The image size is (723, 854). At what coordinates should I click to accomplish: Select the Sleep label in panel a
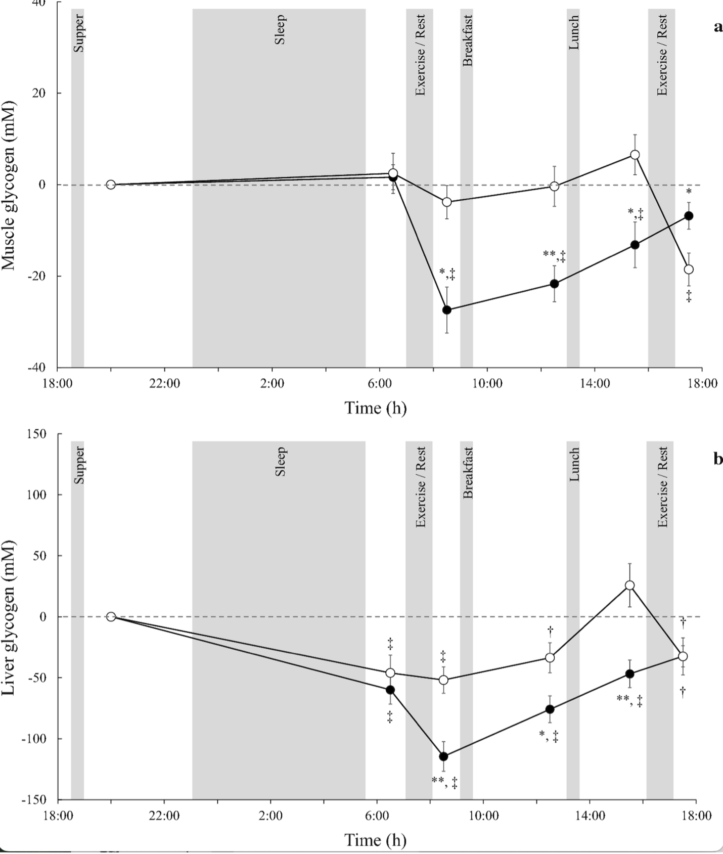point(280,30)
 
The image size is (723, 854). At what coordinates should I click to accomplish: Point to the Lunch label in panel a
point(573,32)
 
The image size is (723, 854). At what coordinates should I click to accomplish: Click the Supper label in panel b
point(78,464)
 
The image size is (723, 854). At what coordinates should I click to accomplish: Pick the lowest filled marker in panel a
point(447,310)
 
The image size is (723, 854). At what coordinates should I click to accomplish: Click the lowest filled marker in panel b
point(443,756)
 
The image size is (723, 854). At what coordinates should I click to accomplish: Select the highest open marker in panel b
point(629,586)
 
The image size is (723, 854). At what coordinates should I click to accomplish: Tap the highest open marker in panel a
point(635,155)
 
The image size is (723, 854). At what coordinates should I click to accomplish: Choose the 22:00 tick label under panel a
point(165,383)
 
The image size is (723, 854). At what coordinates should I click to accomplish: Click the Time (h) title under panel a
point(375,408)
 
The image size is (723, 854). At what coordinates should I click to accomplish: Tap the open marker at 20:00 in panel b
point(111,616)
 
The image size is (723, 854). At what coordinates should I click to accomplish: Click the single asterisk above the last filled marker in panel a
point(689,192)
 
